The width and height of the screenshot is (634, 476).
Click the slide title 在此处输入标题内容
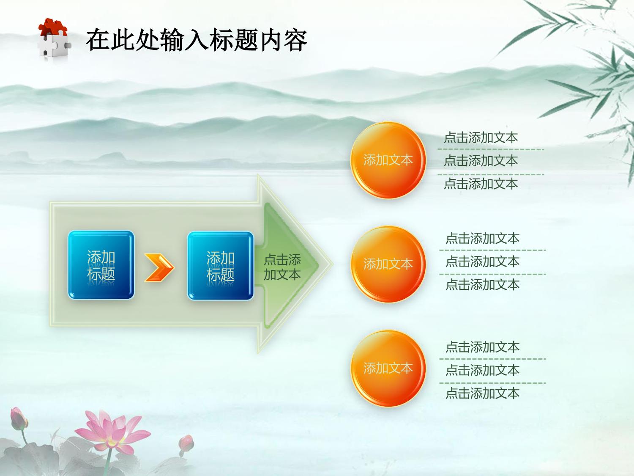point(197,40)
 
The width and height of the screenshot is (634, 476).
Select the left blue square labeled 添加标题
point(101,265)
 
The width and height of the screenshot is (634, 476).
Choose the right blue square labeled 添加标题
point(220,266)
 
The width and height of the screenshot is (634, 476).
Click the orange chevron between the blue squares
point(159,267)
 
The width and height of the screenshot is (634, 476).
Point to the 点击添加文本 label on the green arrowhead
point(282,267)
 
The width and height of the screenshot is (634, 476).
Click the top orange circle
point(388,160)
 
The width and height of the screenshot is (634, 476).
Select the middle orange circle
point(388,264)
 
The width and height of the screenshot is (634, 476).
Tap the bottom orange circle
point(388,368)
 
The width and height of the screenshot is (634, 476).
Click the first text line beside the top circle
point(481,138)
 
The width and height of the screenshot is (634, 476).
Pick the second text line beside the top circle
point(481,161)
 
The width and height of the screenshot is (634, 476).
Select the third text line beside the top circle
point(481,184)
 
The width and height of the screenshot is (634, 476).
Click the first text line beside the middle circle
point(482,239)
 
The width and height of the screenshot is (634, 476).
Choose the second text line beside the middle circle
point(482,261)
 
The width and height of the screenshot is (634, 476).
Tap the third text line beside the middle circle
point(482,285)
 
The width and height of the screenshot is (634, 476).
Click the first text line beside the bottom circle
point(482,347)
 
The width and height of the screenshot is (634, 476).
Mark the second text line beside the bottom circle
point(482,370)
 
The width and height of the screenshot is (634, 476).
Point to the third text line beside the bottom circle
point(482,393)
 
